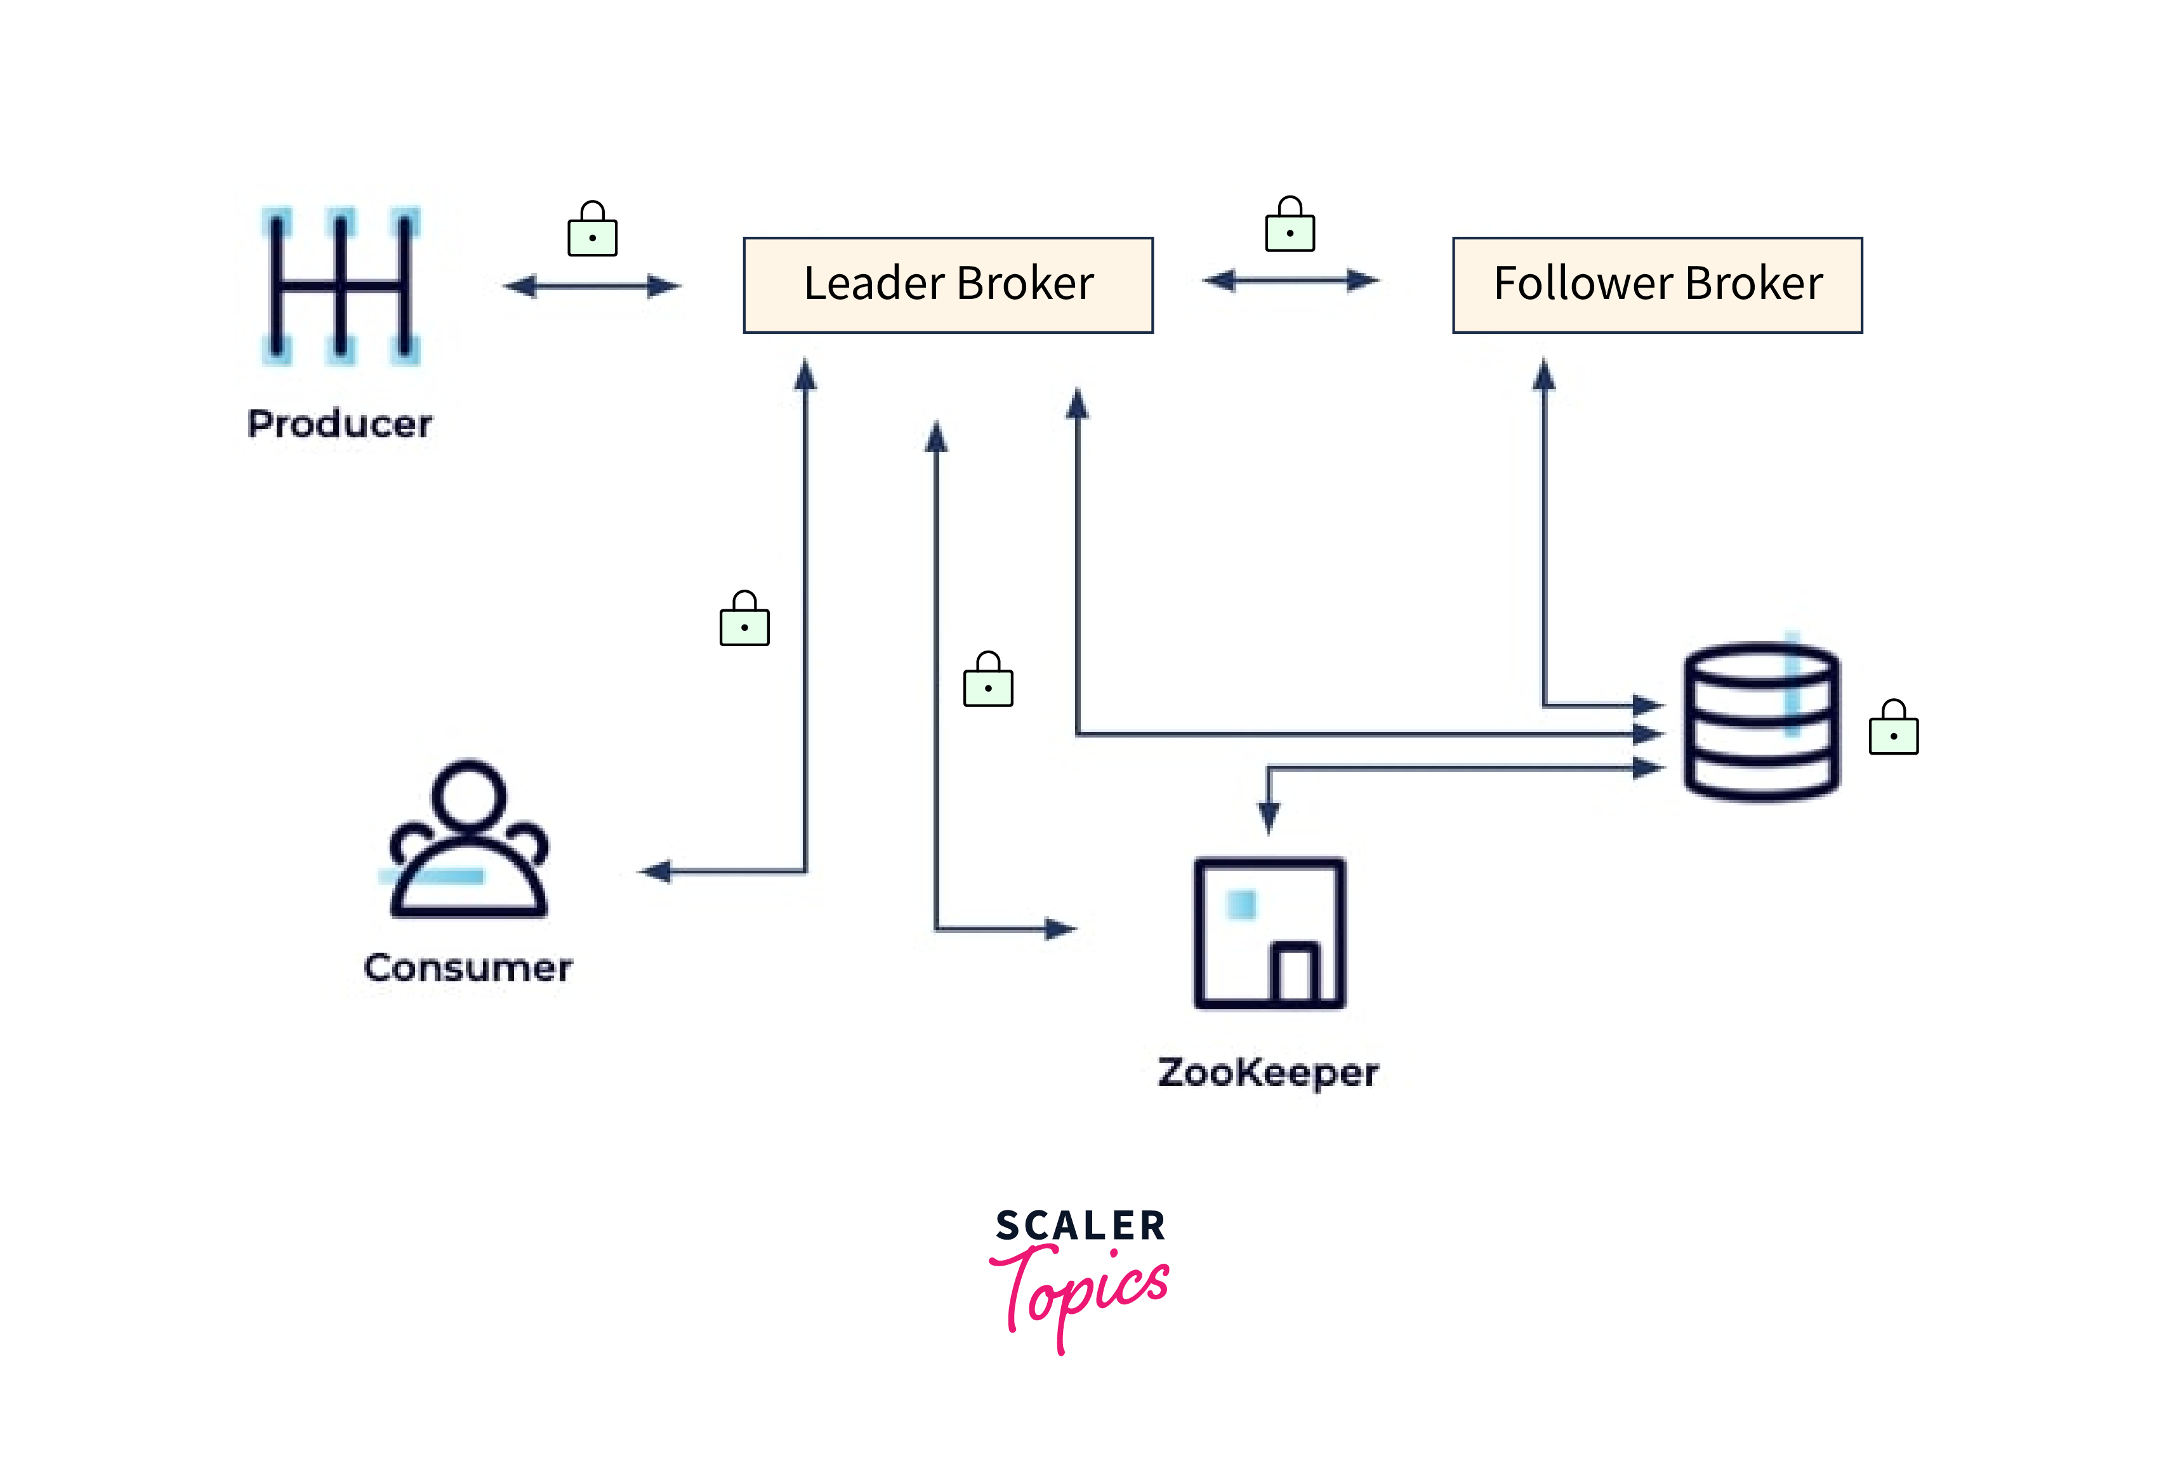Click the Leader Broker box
coord(947,285)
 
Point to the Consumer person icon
coord(468,840)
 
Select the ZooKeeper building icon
coord(1269,932)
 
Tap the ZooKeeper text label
coord(1267,1073)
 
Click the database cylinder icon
coord(1761,721)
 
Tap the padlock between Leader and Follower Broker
coord(1290,226)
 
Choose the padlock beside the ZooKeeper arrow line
coord(987,681)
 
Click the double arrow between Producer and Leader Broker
coord(591,286)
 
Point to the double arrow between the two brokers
coord(1290,280)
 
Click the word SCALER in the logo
coord(1079,1225)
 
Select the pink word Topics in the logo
coord(1082,1291)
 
